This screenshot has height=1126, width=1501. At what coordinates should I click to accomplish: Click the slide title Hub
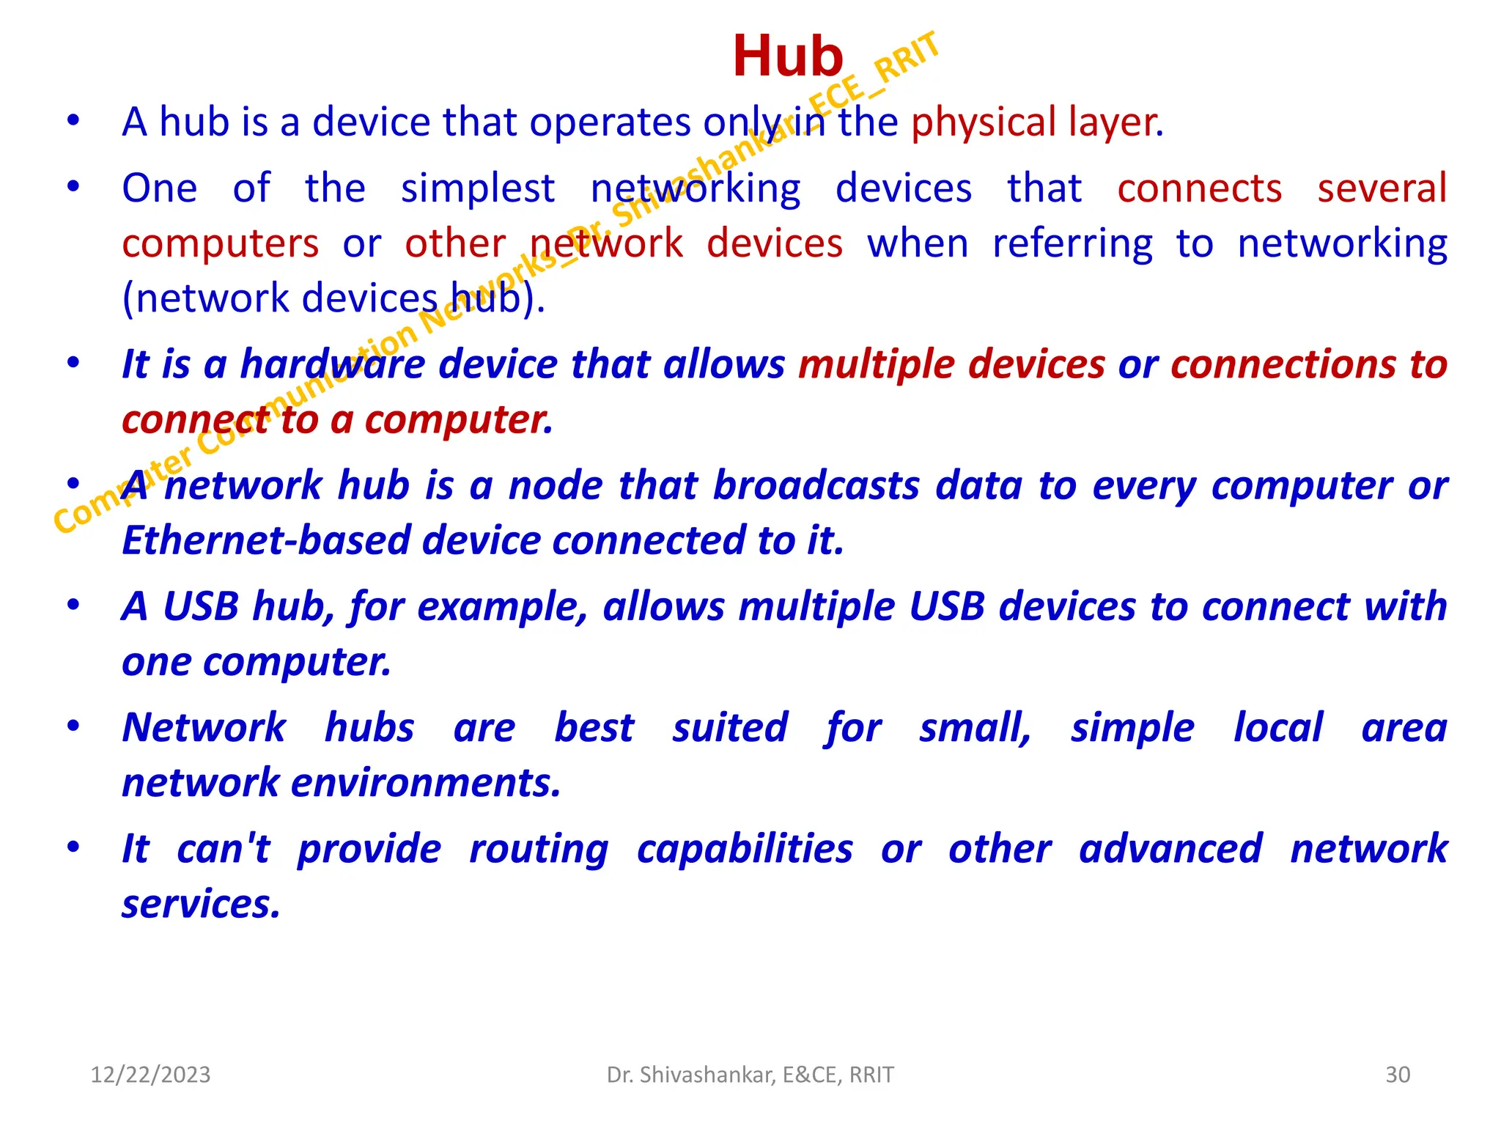click(787, 57)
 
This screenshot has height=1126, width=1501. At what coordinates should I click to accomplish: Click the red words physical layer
click(1036, 122)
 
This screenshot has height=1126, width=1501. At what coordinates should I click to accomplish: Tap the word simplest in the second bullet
click(477, 189)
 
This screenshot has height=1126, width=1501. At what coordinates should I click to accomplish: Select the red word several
click(1382, 188)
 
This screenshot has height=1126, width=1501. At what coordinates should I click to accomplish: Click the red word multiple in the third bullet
click(878, 365)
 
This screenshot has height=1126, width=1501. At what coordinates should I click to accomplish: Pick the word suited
click(730, 728)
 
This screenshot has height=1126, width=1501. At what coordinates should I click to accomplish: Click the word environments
click(426, 783)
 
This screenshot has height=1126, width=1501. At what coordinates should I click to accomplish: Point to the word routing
click(539, 850)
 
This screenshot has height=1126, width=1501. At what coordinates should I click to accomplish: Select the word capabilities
click(745, 850)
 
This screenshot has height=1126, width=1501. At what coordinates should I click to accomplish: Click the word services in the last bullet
click(201, 905)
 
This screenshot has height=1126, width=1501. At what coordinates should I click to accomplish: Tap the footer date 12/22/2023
click(150, 1075)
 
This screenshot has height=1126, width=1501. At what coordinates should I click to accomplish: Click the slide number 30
click(1398, 1075)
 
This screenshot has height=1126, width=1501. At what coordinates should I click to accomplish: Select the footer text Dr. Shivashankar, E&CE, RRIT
click(750, 1075)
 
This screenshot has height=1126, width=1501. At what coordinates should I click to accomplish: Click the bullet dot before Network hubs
click(73, 726)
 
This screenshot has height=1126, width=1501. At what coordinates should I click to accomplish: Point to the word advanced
click(1170, 849)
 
